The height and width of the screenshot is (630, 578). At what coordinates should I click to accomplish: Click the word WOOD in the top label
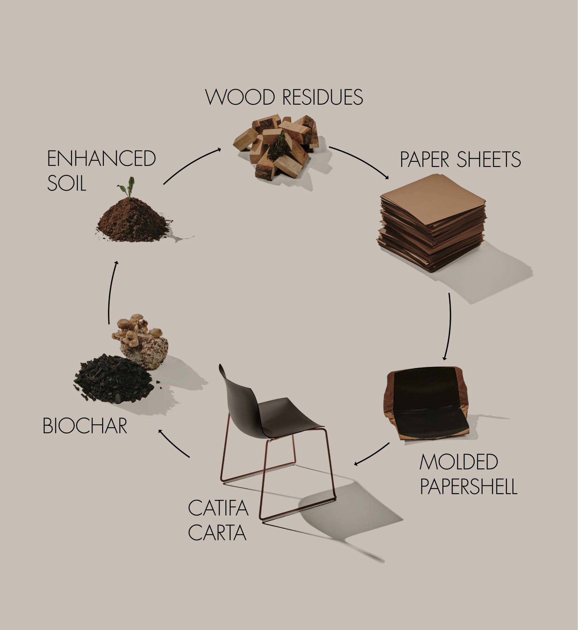(240, 97)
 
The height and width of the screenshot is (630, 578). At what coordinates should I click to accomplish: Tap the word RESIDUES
(322, 97)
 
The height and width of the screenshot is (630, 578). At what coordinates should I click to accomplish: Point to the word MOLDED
(458, 462)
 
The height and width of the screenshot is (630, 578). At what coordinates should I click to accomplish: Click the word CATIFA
(218, 508)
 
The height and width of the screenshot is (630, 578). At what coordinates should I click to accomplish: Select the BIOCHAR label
(85, 426)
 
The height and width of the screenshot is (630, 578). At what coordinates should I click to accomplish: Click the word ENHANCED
(101, 158)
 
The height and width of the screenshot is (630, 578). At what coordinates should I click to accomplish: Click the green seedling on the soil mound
(127, 187)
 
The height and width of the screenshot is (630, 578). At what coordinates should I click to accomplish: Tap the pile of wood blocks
(276, 146)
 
